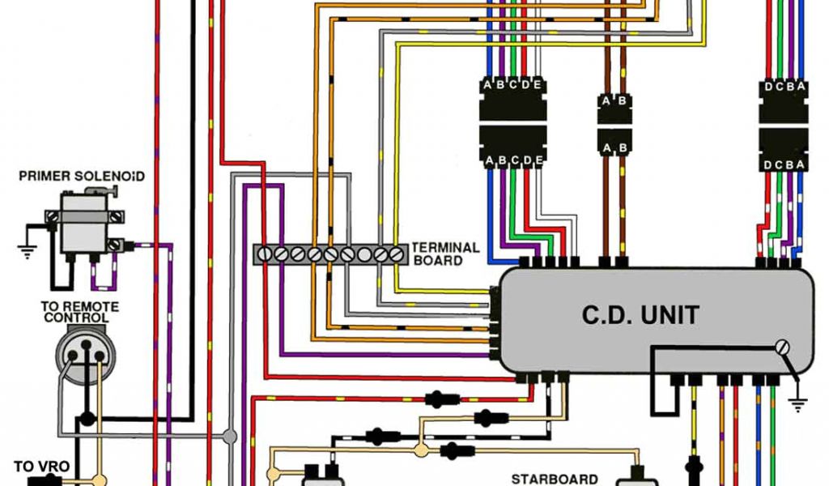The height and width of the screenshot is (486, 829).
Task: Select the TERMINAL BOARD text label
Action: click(445, 254)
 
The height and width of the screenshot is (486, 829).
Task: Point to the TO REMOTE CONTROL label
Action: click(80, 313)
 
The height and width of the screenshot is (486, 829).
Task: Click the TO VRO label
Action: click(41, 467)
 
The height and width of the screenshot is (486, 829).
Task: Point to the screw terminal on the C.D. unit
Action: click(783, 347)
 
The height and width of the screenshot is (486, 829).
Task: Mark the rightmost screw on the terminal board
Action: click(396, 254)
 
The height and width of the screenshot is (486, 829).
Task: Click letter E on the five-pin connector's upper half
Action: click(537, 85)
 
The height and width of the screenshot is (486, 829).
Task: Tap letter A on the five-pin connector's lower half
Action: click(488, 162)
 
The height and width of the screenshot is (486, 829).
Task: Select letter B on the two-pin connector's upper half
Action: click(622, 101)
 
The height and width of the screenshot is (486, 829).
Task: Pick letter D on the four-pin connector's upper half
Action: click(767, 87)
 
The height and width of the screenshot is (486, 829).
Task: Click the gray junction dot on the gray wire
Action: click(230, 437)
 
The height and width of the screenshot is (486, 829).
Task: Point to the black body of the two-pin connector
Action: click(614, 125)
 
